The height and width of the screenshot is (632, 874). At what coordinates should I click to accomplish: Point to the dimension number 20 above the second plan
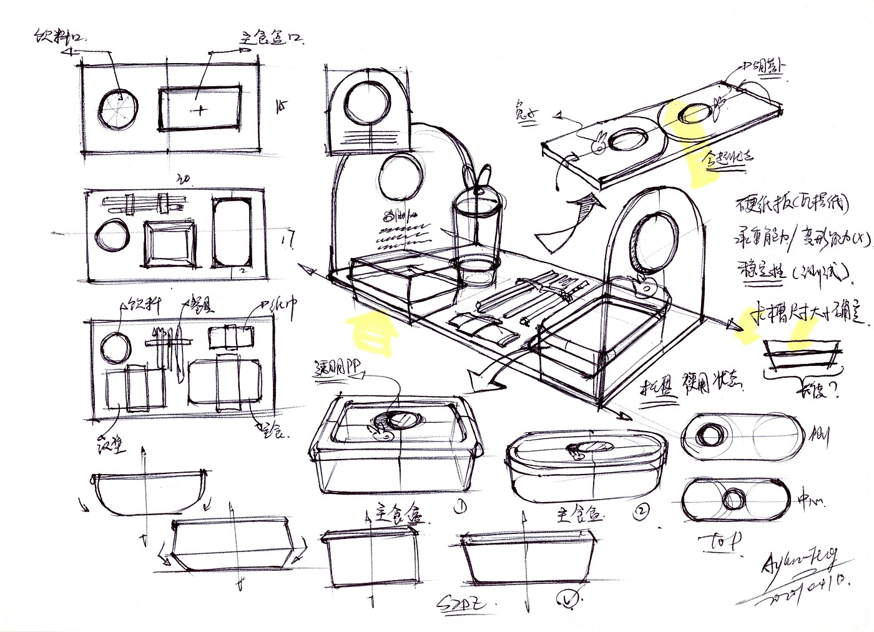click(x=183, y=180)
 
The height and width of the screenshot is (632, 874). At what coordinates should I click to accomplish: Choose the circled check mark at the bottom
click(x=567, y=600)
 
